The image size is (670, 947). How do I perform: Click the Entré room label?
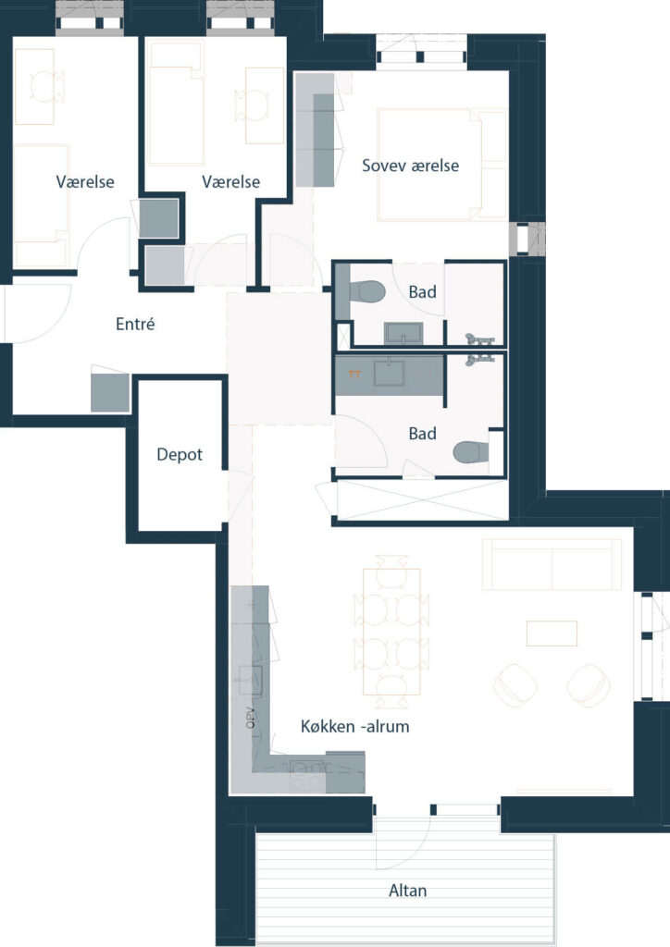(135, 324)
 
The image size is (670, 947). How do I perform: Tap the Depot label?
(180, 455)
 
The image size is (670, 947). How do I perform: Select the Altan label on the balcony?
(408, 891)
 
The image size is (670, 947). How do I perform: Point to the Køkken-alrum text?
(355, 726)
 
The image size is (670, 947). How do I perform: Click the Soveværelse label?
(410, 166)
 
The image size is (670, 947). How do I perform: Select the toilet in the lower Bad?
(471, 451)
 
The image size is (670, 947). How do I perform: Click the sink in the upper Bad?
(403, 333)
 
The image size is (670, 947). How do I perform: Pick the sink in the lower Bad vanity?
(390, 374)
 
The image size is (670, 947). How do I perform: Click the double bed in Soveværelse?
(441, 165)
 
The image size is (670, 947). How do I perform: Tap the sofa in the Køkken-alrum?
(552, 564)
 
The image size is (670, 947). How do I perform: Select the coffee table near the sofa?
(552, 633)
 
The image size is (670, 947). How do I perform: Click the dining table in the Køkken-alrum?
(391, 632)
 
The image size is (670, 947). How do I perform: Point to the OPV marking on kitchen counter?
(251, 717)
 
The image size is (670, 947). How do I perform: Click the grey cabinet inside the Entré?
(110, 393)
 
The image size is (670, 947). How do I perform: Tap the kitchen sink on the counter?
(251, 680)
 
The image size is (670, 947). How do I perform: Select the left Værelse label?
(85, 182)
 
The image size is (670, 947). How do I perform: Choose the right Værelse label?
(230, 182)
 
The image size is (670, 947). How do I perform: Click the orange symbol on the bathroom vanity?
(354, 375)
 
